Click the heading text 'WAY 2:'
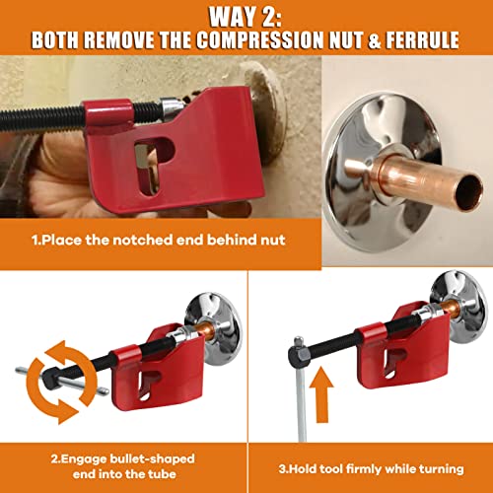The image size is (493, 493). click(246, 17)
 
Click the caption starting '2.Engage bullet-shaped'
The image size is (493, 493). click(123, 458)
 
